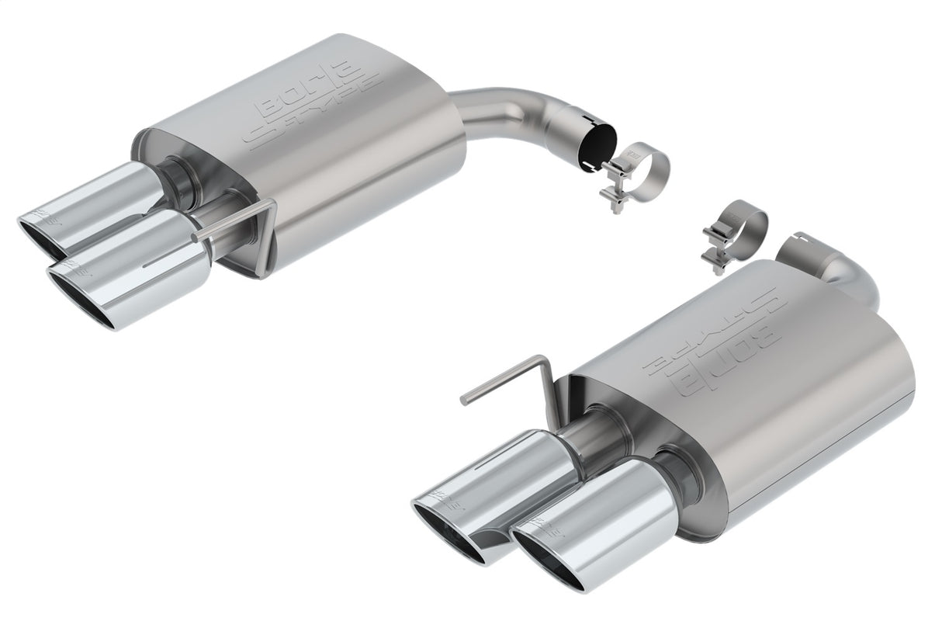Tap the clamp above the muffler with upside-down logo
[x=734, y=233]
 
